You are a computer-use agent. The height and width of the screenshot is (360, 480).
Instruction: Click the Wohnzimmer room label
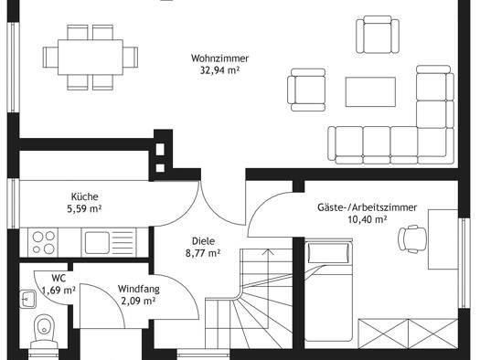click(x=219, y=58)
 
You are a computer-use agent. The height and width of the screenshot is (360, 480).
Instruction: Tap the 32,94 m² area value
click(x=219, y=70)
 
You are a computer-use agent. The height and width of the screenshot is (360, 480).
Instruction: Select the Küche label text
click(x=84, y=196)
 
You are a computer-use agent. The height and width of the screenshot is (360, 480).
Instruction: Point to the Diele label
click(x=203, y=241)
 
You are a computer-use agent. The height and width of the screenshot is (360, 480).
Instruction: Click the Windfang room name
click(x=139, y=289)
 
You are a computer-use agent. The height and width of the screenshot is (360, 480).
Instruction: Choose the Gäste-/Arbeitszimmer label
click(x=367, y=207)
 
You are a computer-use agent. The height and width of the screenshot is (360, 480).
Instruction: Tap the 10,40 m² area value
click(x=368, y=219)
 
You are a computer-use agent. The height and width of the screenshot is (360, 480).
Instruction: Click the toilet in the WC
click(x=45, y=332)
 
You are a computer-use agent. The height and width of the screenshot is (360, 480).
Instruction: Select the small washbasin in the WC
click(x=28, y=299)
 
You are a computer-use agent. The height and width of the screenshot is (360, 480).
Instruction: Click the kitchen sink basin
click(x=97, y=242)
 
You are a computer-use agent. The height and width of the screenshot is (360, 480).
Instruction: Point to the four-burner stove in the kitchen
click(x=43, y=242)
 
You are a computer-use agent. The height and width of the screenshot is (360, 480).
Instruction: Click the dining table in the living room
click(x=91, y=57)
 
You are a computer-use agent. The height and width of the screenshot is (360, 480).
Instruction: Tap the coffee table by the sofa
click(x=370, y=91)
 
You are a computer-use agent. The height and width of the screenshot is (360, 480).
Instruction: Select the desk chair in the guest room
click(x=412, y=238)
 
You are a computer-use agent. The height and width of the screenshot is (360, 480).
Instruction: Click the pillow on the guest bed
click(x=329, y=253)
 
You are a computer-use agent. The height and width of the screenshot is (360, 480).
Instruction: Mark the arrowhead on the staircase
click(x=269, y=251)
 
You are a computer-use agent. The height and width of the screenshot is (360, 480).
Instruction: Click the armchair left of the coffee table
click(x=306, y=90)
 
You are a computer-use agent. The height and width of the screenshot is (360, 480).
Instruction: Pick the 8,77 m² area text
click(x=203, y=253)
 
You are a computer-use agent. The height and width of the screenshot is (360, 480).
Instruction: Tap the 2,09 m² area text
click(x=138, y=302)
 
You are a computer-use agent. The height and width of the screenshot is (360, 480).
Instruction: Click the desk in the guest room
click(x=443, y=239)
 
